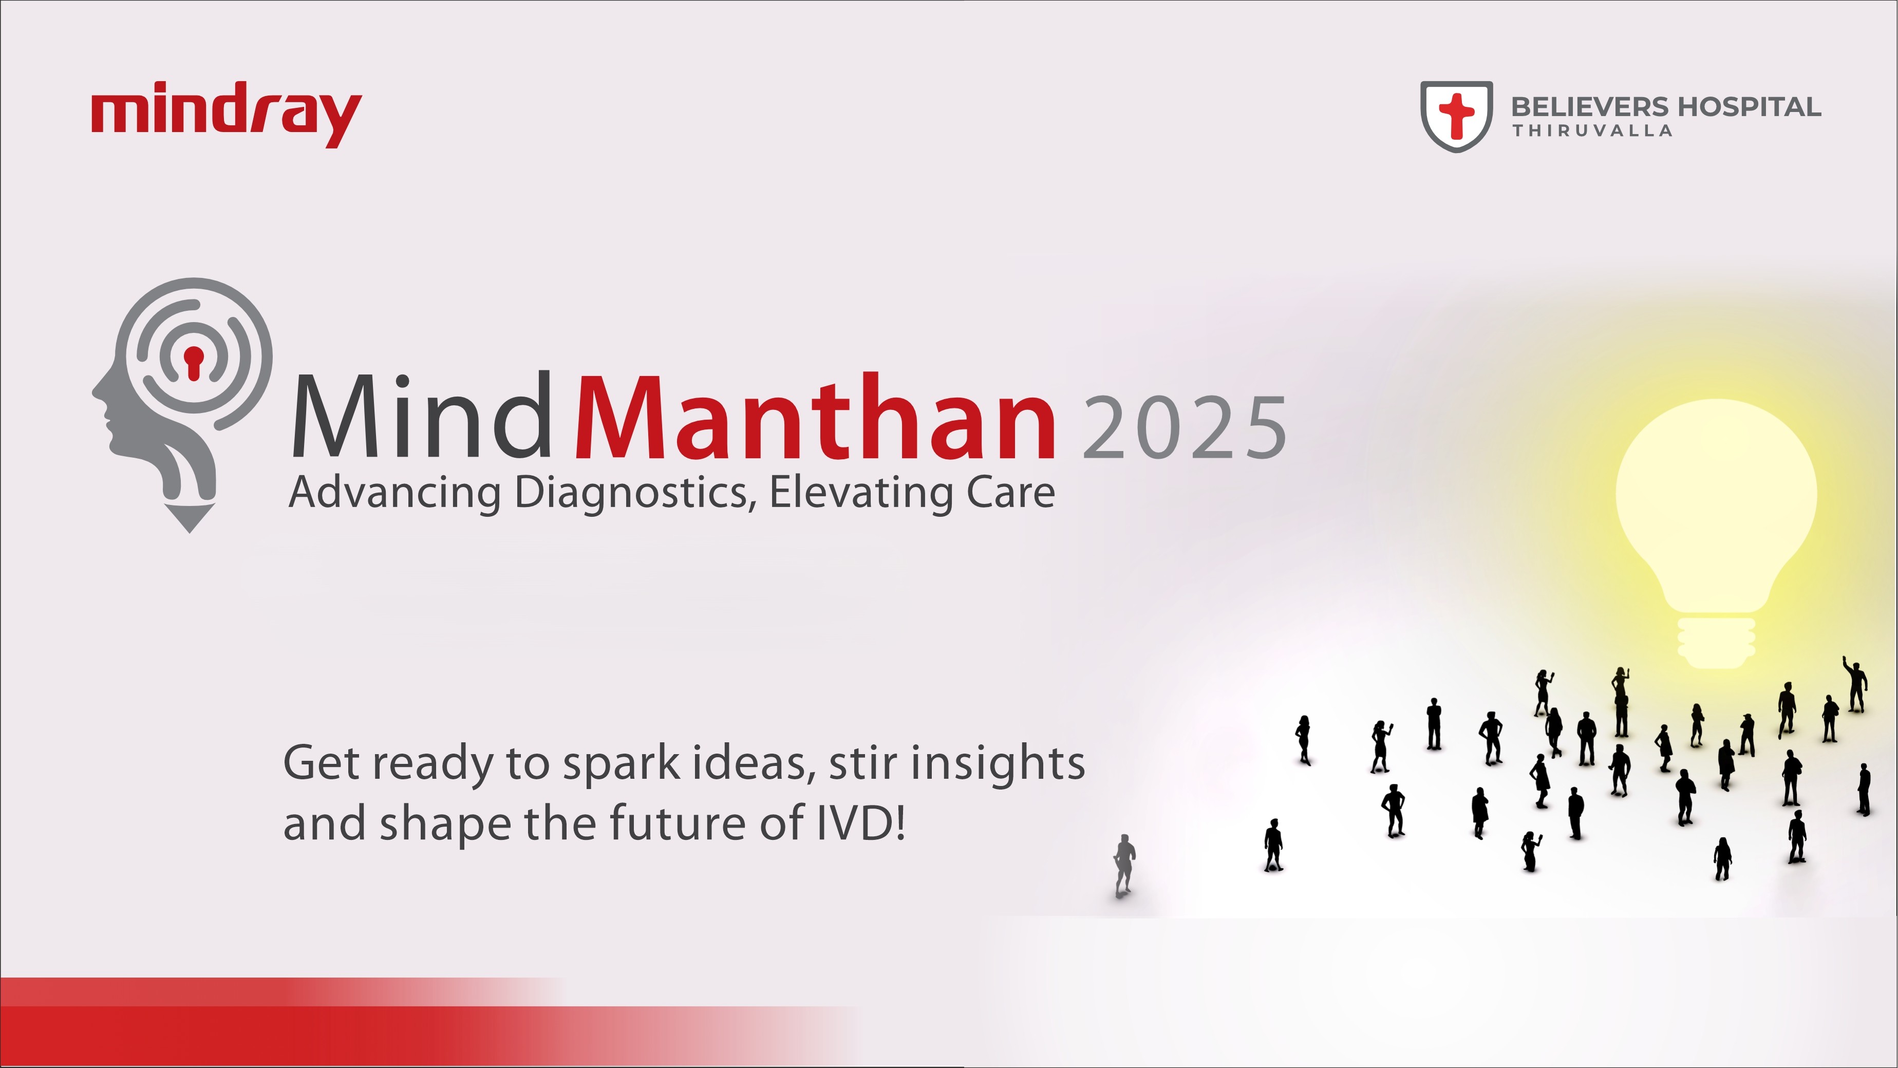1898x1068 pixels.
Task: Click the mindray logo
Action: (226, 117)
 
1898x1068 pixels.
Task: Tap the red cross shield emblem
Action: (1457, 117)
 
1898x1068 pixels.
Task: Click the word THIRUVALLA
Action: (1592, 131)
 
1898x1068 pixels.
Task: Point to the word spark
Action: (621, 765)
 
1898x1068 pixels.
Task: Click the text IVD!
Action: (860, 824)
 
